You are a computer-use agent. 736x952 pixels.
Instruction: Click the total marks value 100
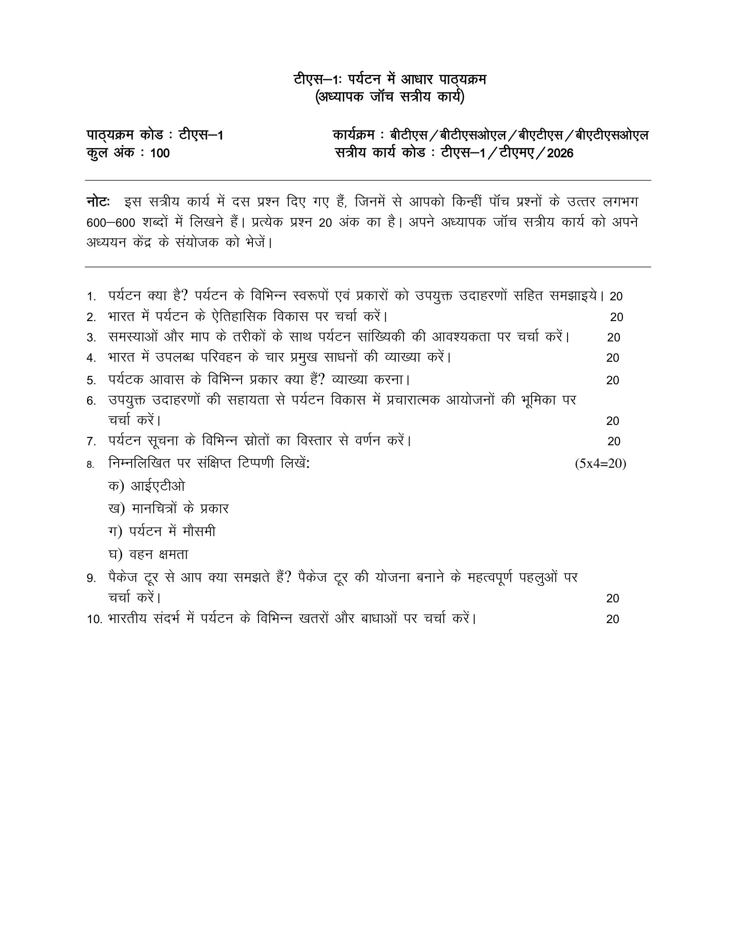point(160,154)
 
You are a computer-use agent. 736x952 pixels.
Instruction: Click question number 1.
point(91,297)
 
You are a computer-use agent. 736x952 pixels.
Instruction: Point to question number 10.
point(94,619)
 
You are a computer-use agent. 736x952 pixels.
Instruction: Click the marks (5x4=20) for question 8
point(600,464)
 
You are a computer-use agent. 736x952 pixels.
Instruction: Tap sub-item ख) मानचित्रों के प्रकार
point(168,509)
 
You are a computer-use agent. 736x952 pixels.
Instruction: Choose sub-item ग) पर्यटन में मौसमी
point(162,532)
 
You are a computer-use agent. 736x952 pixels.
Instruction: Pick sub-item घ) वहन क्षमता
point(148,554)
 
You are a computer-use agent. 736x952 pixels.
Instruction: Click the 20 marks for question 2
point(617,317)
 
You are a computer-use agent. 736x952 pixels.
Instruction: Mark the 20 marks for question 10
point(613,619)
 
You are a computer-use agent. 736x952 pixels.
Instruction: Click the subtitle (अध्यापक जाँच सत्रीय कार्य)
point(390,97)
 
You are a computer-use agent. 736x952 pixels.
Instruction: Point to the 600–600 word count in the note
point(111,223)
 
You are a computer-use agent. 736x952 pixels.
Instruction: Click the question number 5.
point(91,380)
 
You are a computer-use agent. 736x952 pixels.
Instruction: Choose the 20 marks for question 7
point(614,441)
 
